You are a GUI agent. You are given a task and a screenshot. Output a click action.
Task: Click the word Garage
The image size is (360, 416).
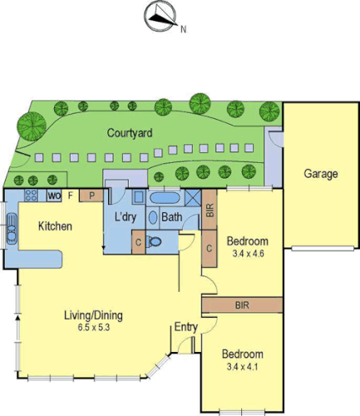tap(320, 174)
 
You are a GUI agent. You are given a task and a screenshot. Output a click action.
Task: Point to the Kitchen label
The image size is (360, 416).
tap(54, 226)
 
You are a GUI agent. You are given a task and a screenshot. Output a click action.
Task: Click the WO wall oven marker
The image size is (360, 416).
tap(54, 196)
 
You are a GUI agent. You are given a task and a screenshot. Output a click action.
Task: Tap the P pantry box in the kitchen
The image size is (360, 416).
tap(91, 196)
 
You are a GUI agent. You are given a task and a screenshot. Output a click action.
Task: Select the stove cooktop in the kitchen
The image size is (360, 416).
tap(33, 196)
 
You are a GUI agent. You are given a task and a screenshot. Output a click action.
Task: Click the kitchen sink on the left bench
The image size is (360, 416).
tap(13, 225)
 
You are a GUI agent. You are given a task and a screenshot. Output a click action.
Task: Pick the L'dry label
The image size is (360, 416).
tap(126, 218)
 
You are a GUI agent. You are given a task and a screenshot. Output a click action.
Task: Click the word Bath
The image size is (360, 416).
tap(172, 218)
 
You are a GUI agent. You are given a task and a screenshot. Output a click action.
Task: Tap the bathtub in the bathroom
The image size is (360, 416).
tap(162, 199)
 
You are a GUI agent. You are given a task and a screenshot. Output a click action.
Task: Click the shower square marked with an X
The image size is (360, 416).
tap(192, 199)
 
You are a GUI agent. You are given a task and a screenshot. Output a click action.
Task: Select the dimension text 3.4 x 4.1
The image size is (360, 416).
tap(244, 366)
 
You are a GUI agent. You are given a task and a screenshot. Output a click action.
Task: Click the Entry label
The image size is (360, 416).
tap(185, 327)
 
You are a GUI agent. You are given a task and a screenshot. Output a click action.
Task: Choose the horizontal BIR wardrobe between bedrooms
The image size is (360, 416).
tap(244, 305)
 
